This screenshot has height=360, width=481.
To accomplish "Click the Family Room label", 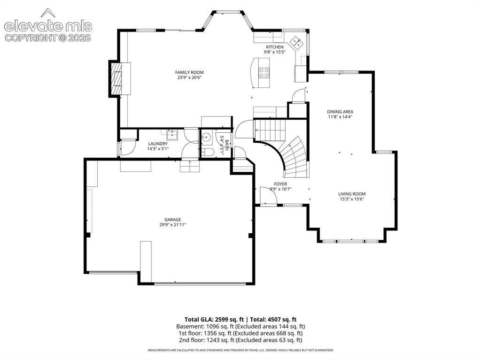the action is coord(189,72).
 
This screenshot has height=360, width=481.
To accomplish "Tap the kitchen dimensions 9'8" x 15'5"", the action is coord(275,52).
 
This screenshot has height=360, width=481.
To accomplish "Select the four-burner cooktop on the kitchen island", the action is coord(264,73).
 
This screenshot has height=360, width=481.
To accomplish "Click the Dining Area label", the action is coord(340,112).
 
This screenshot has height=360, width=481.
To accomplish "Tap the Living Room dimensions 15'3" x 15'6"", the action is coord(352,199).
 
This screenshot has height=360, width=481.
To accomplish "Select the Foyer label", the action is coord(280,184).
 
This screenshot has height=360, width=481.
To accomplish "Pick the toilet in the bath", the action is coord(208,152).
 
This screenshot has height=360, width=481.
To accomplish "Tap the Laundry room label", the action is coord(158,144).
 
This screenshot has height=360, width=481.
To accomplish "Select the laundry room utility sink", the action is coord(172,134).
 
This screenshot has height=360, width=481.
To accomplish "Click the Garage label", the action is coord(173,220).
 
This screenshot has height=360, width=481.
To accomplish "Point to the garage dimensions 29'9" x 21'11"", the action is coord(173,225).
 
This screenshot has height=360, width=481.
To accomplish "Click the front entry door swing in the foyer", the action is coord(268,195).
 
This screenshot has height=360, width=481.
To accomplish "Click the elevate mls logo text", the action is coord(48,26).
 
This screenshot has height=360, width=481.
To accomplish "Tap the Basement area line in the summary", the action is coord(240,326).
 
